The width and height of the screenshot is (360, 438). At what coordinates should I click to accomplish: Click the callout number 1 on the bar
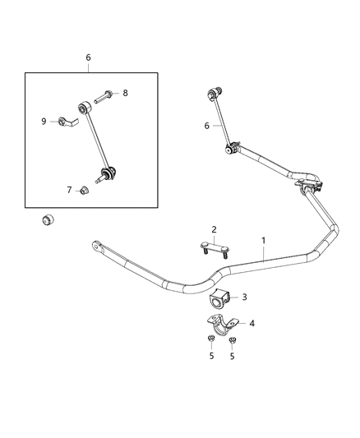[264, 241]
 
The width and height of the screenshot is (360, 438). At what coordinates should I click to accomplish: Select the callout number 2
[214, 230]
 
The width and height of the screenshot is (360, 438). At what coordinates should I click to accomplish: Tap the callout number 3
[244, 297]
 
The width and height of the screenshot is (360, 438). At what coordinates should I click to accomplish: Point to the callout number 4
[252, 324]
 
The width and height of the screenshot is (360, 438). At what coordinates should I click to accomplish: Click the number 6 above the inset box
[89, 58]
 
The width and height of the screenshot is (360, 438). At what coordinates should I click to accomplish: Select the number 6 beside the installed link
[207, 126]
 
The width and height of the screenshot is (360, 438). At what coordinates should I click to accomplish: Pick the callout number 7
[69, 190]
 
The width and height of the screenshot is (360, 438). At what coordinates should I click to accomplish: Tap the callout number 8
[125, 94]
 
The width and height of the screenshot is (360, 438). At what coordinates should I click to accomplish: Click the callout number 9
[44, 122]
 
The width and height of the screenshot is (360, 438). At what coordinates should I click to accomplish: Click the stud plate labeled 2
[211, 246]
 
